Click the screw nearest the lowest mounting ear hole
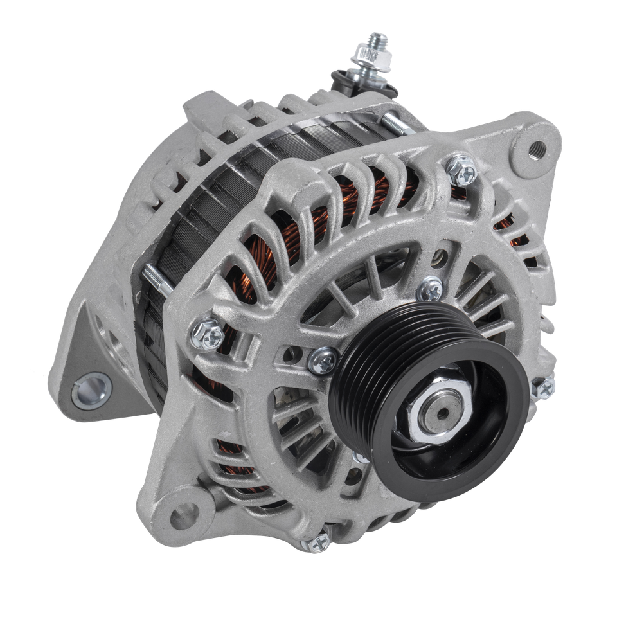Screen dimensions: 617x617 (316, 541)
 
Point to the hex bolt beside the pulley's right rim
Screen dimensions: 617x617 (544, 387)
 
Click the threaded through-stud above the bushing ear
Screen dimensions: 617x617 (151, 282)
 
